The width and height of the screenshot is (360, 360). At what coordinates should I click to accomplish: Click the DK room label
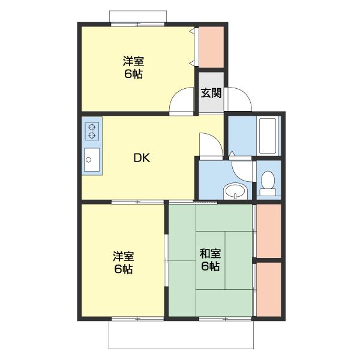142,158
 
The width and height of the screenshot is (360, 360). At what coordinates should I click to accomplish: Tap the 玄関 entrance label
211,93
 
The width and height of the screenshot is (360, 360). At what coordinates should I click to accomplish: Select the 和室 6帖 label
210,260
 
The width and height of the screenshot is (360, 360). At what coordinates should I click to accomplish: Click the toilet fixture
268,184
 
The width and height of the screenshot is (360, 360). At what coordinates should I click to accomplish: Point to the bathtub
268,136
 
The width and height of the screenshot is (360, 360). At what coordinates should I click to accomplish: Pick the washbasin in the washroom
235,191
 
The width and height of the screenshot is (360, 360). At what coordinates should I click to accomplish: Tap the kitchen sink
92,160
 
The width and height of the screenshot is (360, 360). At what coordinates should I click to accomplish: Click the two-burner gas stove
92,131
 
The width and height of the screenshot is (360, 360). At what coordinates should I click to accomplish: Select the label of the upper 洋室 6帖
133,67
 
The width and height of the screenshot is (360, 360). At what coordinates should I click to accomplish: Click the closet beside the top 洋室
211,47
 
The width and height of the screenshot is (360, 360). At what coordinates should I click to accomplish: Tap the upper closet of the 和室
269,231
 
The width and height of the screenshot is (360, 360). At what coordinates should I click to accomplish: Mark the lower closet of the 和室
269,290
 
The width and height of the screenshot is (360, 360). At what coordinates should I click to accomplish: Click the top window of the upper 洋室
138,25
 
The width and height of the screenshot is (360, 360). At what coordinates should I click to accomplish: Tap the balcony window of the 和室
226,319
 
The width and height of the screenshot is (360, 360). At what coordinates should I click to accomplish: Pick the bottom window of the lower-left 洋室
138,319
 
